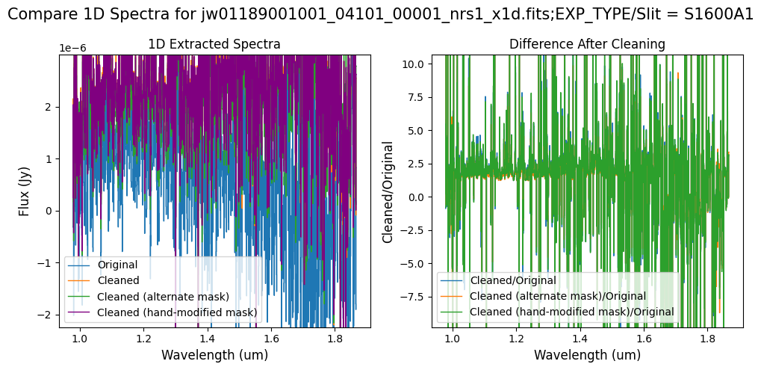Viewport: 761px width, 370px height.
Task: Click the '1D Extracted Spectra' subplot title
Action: (214, 44)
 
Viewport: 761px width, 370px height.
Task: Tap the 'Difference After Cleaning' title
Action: (587, 44)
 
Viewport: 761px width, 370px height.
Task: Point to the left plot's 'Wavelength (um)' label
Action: (214, 354)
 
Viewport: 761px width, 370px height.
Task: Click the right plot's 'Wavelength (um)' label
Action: (587, 354)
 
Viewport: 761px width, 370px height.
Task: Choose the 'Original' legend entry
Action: (117, 265)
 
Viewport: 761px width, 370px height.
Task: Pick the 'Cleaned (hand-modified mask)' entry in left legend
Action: (177, 312)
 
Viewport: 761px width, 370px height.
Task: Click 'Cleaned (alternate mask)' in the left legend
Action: (163, 297)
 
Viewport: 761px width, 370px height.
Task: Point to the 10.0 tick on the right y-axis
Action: (414, 64)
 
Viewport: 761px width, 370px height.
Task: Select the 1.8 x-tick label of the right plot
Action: (707, 337)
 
